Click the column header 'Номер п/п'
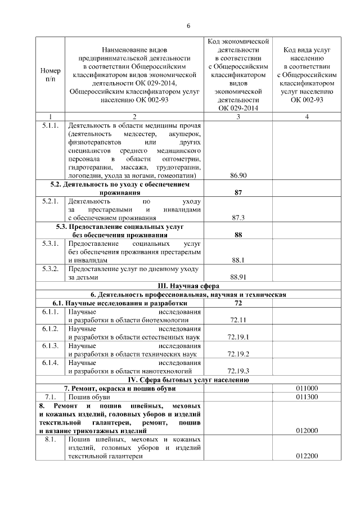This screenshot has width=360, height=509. pos(51,76)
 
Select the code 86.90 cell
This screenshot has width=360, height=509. pos(238,175)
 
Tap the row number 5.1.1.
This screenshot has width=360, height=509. pos(51,125)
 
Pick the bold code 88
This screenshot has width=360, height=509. pos(238,235)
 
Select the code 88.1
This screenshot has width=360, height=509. pos(238,260)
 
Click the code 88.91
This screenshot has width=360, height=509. pos(238,277)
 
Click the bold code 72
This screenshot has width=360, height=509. pos(238,303)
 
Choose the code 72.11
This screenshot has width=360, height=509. pos(238,320)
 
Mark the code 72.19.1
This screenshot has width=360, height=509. pos(238,337)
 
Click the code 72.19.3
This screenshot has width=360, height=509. pos(238,371)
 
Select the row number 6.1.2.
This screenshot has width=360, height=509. pos(51,328)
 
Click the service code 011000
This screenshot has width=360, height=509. pos(307,388)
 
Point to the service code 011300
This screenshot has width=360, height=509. pos(307,397)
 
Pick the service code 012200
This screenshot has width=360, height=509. pos(307,457)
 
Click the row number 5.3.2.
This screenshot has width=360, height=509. pos(51,269)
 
